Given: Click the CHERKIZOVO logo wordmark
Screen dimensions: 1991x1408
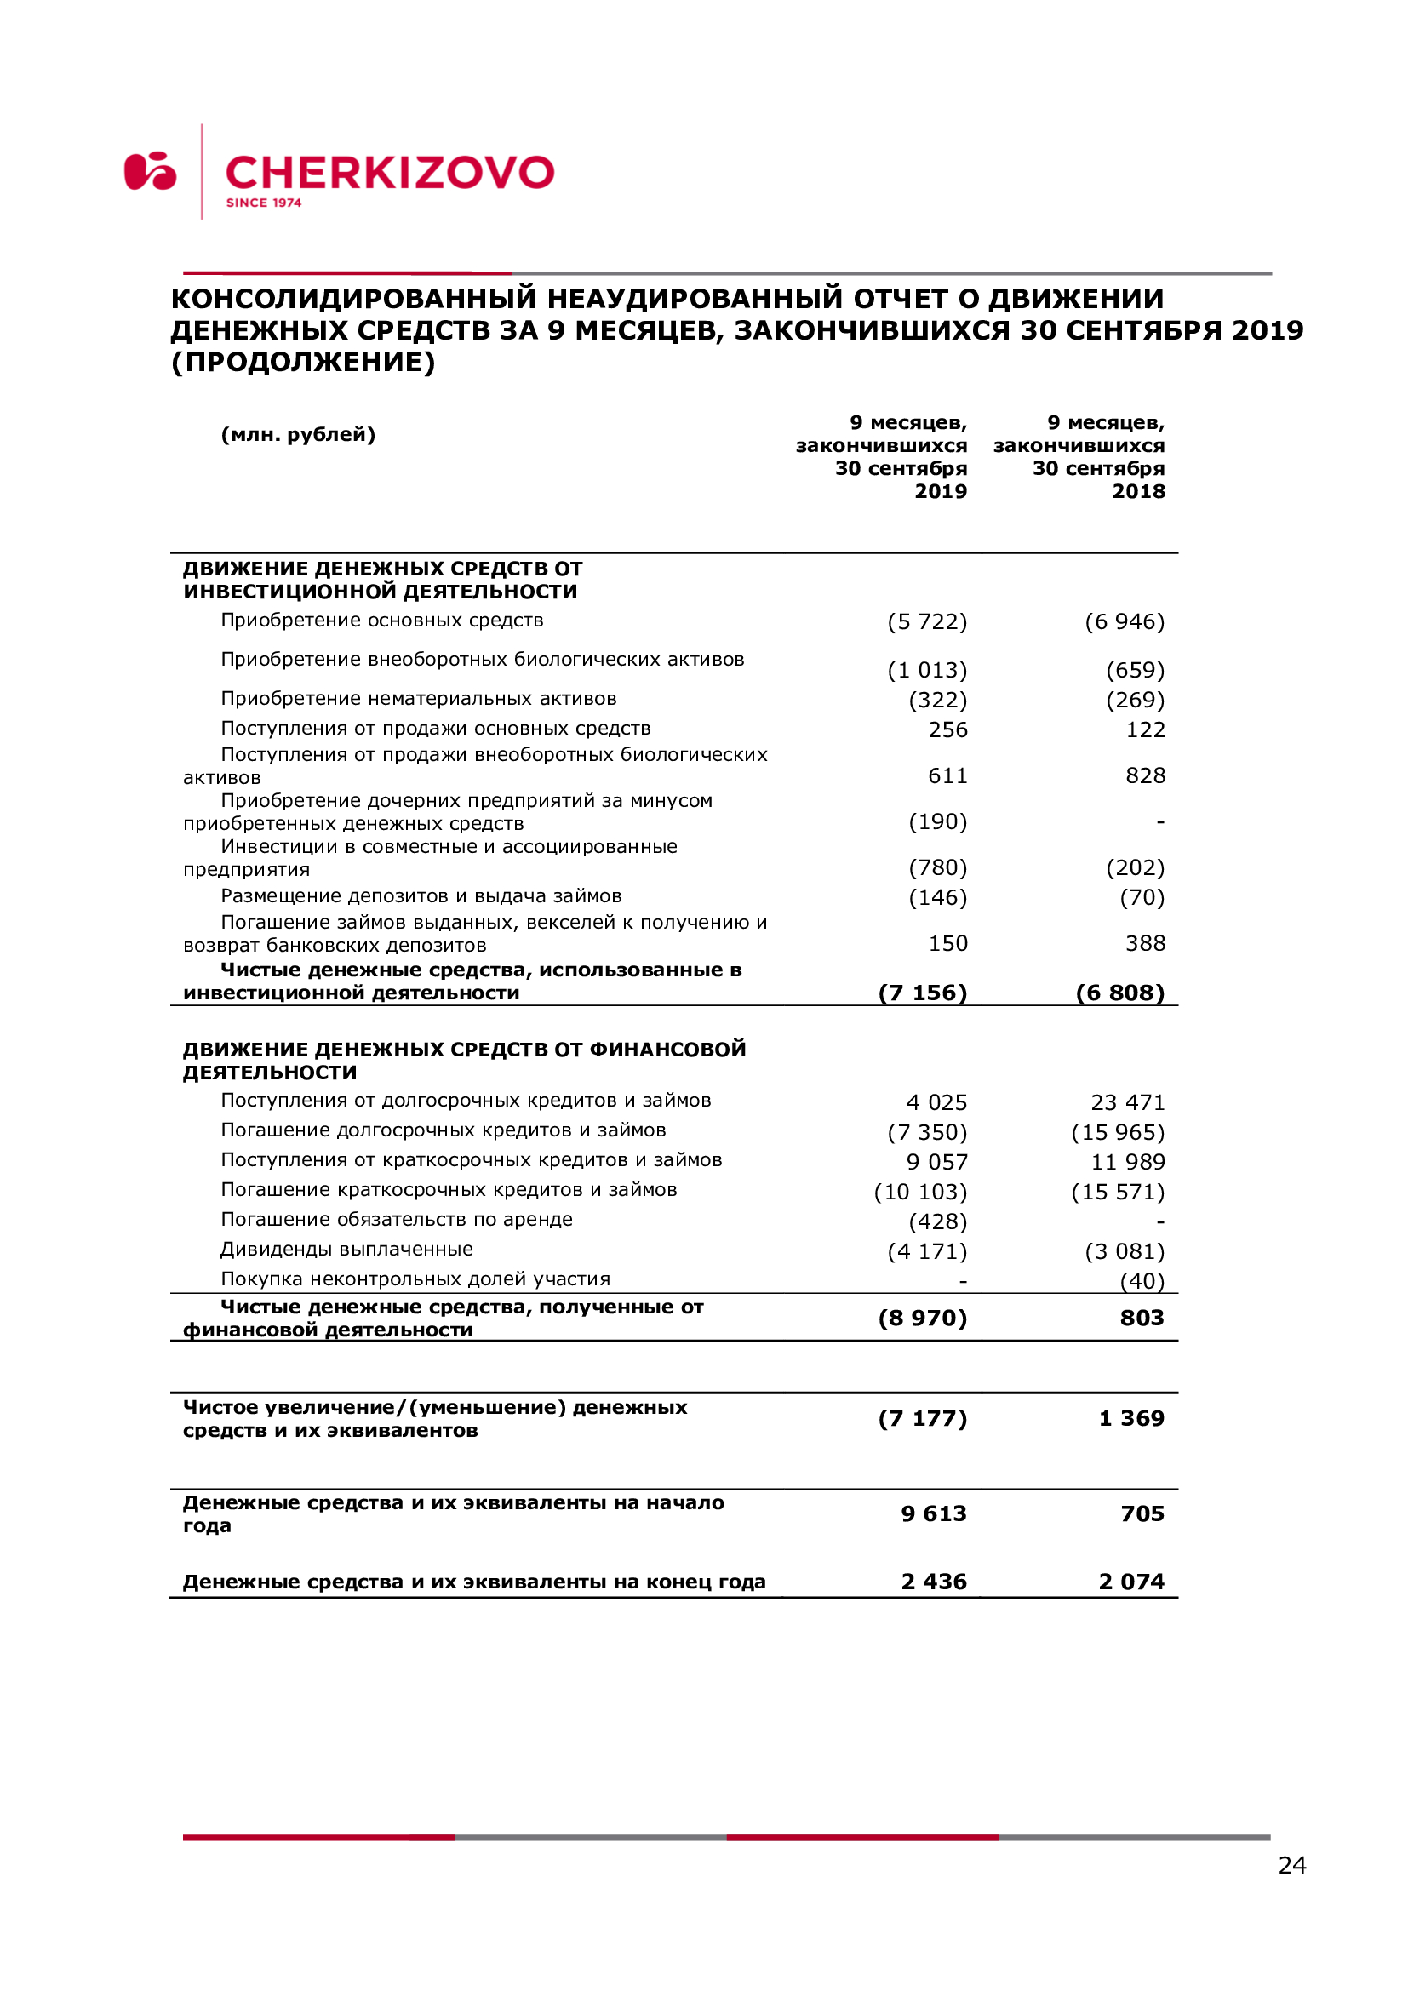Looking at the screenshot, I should coord(389,173).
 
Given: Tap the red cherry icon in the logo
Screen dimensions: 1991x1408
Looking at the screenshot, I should coord(150,171).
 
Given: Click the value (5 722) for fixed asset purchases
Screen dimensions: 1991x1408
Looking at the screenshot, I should coord(927,621).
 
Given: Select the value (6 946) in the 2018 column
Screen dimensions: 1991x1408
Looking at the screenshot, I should coord(1125,621).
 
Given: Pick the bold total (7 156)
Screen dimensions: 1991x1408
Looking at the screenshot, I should coord(923,992).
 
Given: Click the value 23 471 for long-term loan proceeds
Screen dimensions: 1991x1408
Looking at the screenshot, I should coord(1127,1102).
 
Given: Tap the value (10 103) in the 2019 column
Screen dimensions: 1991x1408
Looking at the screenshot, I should coord(920,1192).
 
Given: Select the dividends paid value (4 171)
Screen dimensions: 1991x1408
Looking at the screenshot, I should coord(927,1251).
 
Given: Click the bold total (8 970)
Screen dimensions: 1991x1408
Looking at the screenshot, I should coord(923,1318).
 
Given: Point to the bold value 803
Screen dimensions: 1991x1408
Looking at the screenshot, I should coord(1142,1318).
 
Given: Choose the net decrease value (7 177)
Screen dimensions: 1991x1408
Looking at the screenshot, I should coord(923,1419).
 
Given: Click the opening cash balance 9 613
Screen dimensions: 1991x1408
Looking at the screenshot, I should coord(934,1514).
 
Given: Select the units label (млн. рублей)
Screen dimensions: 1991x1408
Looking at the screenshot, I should coord(298,434).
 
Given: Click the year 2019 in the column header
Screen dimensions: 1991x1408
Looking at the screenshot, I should coord(941,492).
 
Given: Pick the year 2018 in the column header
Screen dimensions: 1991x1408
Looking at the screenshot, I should coord(1138,492).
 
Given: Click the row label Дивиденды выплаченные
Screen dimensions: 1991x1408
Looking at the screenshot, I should coord(346,1250).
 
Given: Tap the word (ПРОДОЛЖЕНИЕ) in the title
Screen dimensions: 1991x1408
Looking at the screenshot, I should coord(303,363).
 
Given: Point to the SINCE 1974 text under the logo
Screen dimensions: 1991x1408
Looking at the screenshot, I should coord(264,203).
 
